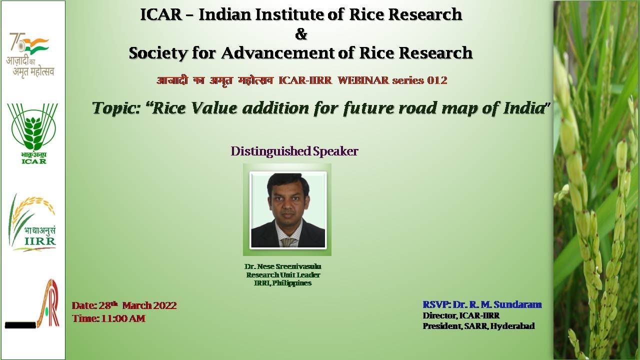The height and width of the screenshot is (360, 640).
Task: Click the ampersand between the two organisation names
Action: click(301, 34)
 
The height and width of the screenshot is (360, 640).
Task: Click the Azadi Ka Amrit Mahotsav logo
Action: click(30, 55)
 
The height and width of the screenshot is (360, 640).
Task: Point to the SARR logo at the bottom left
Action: click(33, 305)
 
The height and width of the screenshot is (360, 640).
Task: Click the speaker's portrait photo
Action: click(287, 210)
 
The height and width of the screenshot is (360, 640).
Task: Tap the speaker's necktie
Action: click(287, 241)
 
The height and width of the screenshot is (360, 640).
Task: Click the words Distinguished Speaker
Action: click(294, 151)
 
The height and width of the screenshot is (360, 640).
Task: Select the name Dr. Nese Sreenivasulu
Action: click(283, 266)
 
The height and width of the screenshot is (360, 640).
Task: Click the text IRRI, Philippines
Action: click(283, 283)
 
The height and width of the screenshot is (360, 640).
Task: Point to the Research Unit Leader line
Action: click(283, 275)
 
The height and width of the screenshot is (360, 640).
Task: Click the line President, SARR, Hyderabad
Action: click(478, 326)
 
